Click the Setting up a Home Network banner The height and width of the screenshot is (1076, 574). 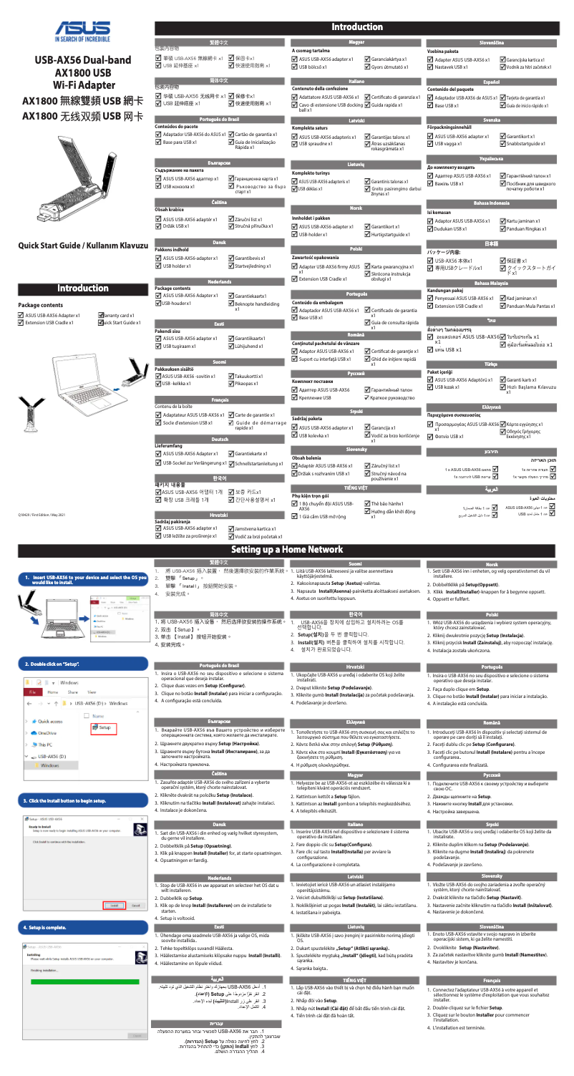pos(286,529)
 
